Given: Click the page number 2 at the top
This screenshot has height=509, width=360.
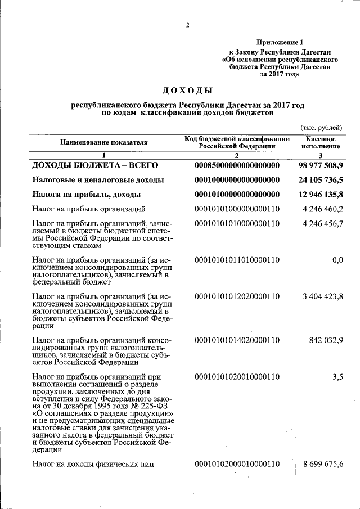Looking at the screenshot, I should click(188, 25).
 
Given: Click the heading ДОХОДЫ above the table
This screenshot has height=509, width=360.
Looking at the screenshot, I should click(187, 90).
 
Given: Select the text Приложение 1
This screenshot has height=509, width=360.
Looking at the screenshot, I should click(280, 42).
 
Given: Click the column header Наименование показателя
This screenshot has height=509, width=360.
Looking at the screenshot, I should click(104, 142).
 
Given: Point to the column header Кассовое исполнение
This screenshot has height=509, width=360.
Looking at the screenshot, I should click(321, 142).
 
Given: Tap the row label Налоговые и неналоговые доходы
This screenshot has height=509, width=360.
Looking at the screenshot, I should click(98, 180).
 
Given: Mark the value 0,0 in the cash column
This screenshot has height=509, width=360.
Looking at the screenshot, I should click(337, 260).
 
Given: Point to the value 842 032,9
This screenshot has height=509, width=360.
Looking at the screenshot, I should click(326, 340).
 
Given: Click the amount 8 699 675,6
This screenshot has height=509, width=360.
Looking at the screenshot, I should click(323, 463).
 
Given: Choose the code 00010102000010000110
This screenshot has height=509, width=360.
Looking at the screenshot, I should click(237, 463).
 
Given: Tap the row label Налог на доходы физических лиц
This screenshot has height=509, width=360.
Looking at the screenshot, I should click(93, 463).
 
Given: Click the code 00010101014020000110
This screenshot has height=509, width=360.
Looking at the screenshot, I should click(237, 340).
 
